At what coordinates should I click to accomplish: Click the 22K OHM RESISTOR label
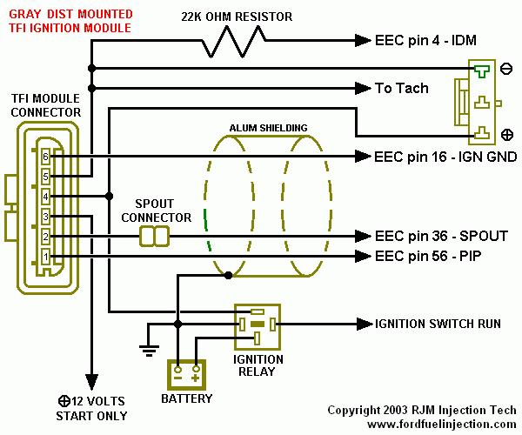237,17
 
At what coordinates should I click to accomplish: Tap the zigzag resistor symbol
234,42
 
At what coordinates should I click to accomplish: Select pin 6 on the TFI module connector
45,157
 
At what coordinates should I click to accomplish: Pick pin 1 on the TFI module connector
45,257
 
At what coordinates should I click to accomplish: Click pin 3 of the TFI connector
45,217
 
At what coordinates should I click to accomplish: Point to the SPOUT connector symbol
154,237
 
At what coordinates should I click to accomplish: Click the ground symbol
149,351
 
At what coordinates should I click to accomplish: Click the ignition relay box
258,327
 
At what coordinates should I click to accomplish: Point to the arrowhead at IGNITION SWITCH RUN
365,324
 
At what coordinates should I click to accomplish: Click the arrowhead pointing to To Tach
363,88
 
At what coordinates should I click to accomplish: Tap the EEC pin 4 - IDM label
425,40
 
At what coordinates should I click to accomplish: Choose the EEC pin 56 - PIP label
428,256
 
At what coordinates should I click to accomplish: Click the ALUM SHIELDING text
268,128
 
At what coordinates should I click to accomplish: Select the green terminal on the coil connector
481,70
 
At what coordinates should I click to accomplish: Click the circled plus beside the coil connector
506,135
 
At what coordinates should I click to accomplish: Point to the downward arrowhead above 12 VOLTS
91,382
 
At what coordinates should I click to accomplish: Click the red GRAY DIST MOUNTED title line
70,14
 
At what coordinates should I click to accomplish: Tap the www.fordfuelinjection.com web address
442,425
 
